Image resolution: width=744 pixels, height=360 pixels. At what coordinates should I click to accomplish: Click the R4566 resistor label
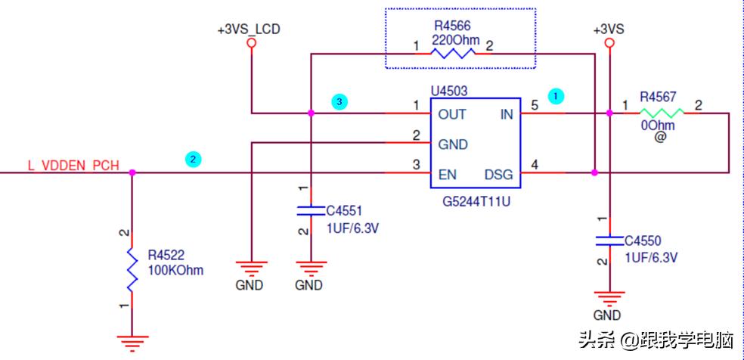pyautogui.click(x=452, y=26)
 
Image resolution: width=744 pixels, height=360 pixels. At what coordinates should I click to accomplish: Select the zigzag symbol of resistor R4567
pyautogui.click(x=663, y=113)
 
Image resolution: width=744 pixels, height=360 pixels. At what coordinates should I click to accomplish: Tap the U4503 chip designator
pyautogui.click(x=449, y=91)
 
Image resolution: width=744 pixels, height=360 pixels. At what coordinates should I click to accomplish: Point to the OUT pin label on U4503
pyautogui.click(x=452, y=114)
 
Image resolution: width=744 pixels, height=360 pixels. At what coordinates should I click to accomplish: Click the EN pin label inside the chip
pyautogui.click(x=447, y=175)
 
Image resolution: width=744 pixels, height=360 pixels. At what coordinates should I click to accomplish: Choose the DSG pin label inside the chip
pyautogui.click(x=498, y=175)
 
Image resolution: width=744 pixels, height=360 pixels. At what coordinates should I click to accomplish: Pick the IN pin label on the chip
pyautogui.click(x=506, y=114)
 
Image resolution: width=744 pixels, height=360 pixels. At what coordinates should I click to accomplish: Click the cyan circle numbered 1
pyautogui.click(x=556, y=96)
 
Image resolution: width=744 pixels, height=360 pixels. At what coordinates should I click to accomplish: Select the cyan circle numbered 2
pyautogui.click(x=194, y=159)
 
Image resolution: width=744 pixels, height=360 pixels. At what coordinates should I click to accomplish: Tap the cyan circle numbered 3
pyautogui.click(x=339, y=101)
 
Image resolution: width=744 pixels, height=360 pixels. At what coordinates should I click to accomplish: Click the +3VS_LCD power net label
pyautogui.click(x=249, y=29)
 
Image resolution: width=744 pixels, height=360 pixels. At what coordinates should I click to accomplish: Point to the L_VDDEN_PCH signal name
pyautogui.click(x=73, y=166)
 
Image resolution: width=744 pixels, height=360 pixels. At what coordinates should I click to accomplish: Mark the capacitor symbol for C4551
pyautogui.click(x=309, y=209)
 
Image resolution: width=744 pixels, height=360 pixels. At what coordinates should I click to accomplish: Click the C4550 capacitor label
pyautogui.click(x=643, y=241)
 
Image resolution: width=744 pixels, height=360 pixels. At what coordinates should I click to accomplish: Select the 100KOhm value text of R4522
pyautogui.click(x=175, y=270)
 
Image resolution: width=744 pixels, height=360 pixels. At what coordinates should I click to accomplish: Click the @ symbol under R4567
pyautogui.click(x=659, y=138)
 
